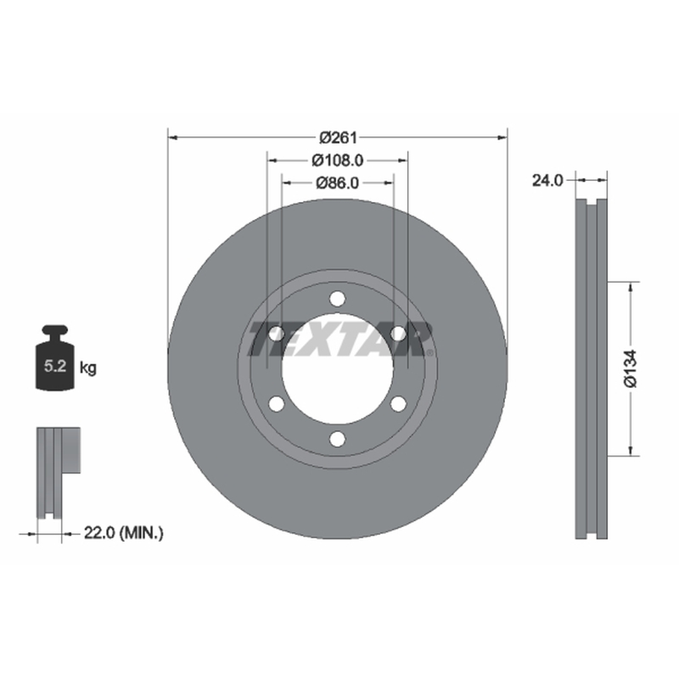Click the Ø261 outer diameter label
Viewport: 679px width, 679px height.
[x=338, y=137]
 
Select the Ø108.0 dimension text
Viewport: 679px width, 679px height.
[x=337, y=160]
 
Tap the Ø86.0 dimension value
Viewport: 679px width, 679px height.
[x=337, y=183]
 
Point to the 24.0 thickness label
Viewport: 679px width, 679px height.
[x=547, y=181]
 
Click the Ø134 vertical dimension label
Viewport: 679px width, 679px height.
[x=631, y=368]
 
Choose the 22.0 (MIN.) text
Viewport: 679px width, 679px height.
[x=123, y=533]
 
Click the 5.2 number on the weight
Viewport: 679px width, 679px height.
[x=55, y=367]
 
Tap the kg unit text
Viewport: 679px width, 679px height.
[x=88, y=368]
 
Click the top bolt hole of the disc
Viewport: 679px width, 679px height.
[x=337, y=299]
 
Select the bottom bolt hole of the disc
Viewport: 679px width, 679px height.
[x=337, y=439]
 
